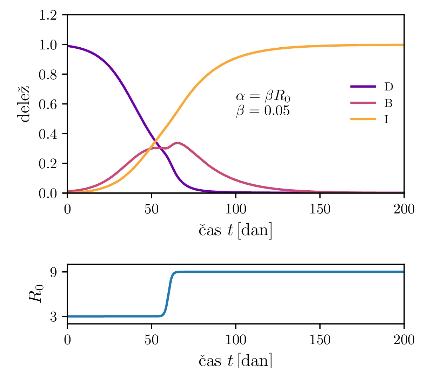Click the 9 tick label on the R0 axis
coord(54,272)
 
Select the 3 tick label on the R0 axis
coord(54,317)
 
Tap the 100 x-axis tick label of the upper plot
coord(236,210)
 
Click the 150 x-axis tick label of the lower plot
coord(320,340)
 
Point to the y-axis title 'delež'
coord(24,104)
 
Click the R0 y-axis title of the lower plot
coord(36,293)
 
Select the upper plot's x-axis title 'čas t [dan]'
coord(236,230)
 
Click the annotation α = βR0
coord(263,96)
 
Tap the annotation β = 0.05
coord(263,111)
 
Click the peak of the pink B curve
coord(178,143)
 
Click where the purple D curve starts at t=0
coord(68,46)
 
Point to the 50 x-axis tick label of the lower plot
coord(152,340)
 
